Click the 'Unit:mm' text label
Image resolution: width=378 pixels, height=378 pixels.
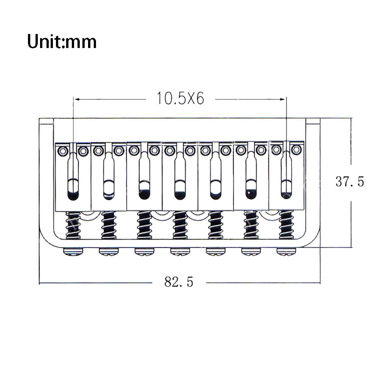tap(62, 42)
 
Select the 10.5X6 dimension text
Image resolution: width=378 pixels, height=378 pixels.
tap(180, 98)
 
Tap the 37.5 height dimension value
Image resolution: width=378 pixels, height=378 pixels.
tap(350, 181)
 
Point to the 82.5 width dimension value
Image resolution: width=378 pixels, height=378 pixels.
tap(179, 282)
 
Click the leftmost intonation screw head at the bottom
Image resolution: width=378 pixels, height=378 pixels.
tap(73, 252)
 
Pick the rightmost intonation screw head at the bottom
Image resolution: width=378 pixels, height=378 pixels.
tap(287, 252)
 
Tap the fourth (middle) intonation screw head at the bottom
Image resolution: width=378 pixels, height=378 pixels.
tap(180, 252)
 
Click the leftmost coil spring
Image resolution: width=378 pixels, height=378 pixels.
tap(73, 225)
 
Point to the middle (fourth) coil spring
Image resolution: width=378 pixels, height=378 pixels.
tap(180, 225)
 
